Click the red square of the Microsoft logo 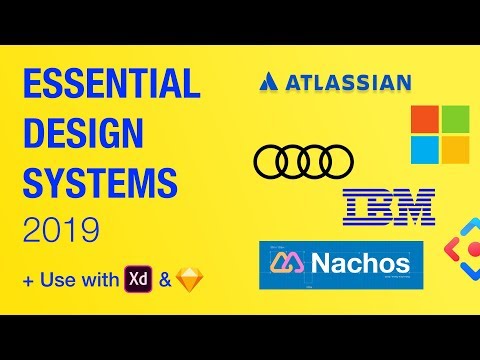click(426, 122)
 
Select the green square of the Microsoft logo click(455, 122)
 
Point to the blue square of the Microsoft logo click(426, 151)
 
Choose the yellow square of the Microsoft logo click(455, 151)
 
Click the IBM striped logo click(388, 206)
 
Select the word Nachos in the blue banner click(359, 264)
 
